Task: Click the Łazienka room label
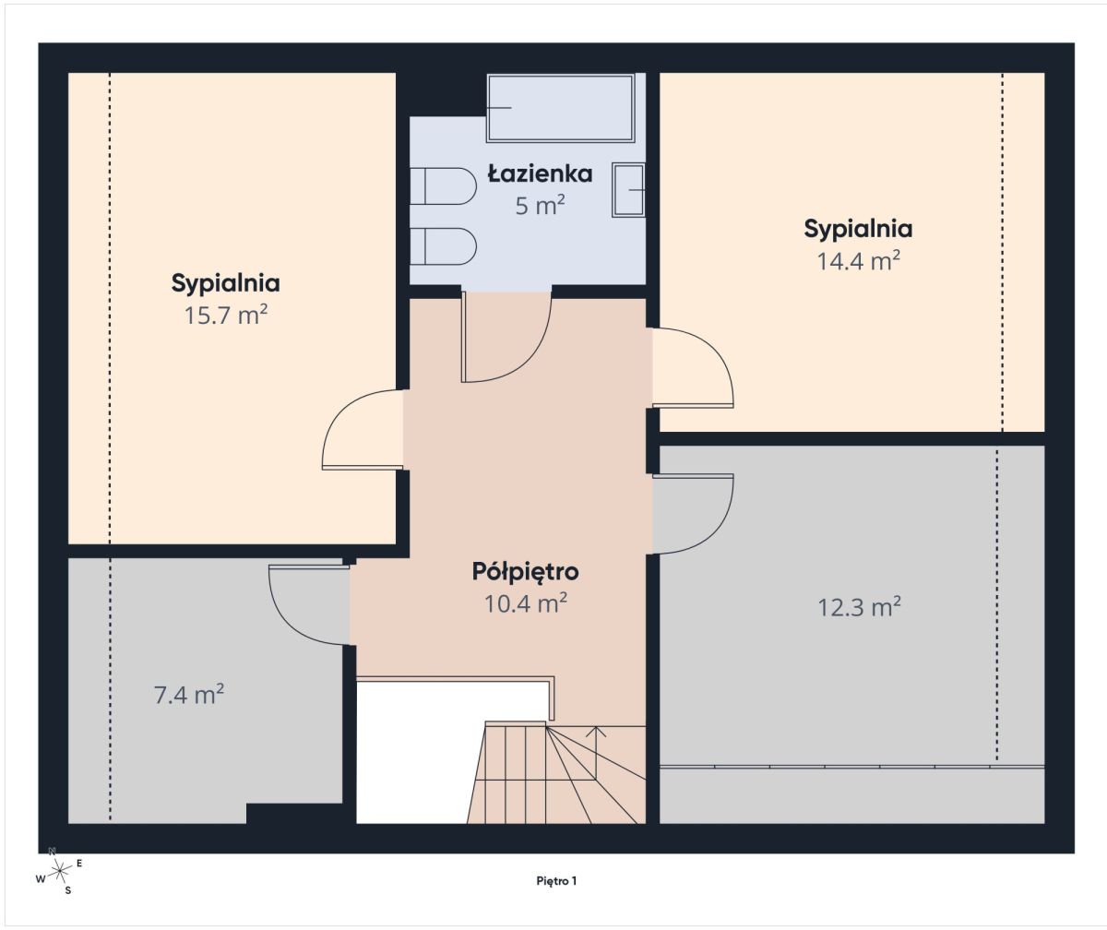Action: click(x=540, y=173)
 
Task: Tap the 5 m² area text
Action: click(x=540, y=205)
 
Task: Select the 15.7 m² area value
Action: click(x=225, y=315)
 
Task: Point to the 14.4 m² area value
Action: click(x=858, y=260)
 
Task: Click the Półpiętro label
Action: click(x=526, y=572)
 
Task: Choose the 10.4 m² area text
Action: click(x=526, y=603)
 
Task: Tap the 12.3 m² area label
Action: click(x=859, y=607)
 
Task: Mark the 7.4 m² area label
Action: click(x=189, y=695)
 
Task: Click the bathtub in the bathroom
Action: click(x=560, y=108)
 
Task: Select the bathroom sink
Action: click(x=629, y=190)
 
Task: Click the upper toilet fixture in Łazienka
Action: click(x=443, y=186)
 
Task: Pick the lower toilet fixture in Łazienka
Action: click(x=443, y=246)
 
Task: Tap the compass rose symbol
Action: click(x=60, y=870)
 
